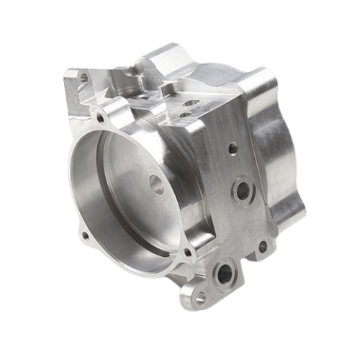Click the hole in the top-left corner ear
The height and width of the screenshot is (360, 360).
click(84, 75)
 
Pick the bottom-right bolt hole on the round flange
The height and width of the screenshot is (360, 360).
click(189, 253)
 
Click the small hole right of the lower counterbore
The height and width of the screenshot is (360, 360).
click(262, 247)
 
